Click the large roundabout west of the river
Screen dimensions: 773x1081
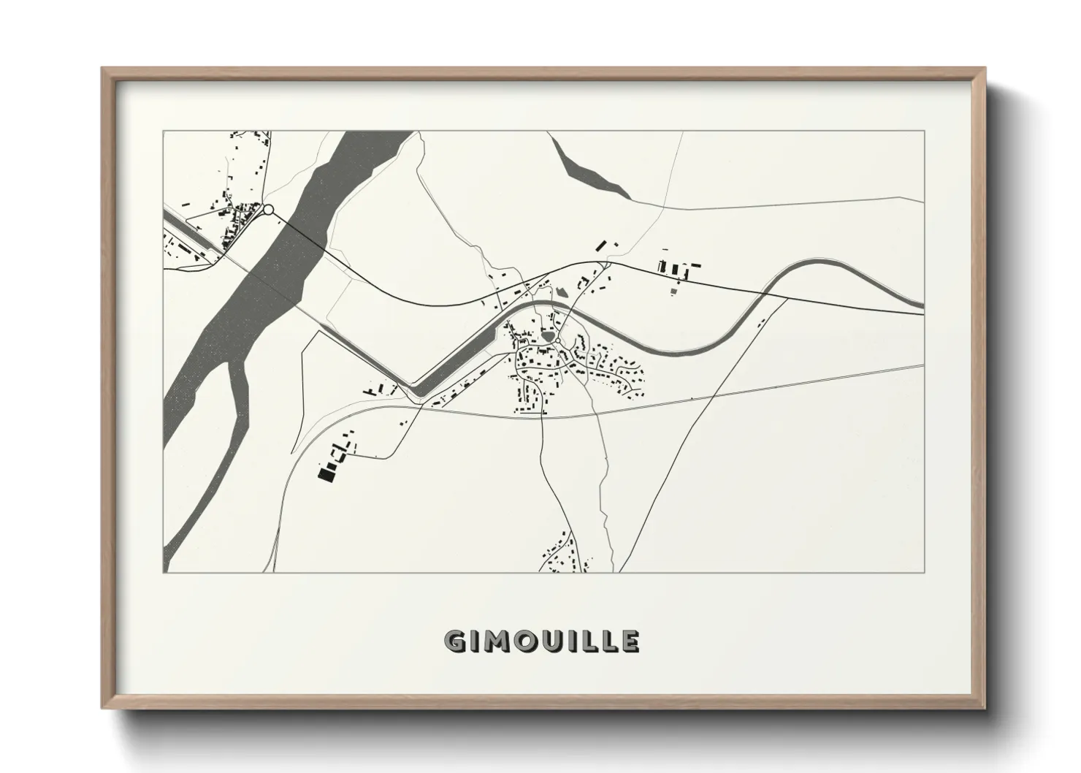(268, 210)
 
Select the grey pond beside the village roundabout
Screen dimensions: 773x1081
(547, 337)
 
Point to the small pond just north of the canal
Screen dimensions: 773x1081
(561, 292)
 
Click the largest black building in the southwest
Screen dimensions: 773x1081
(325, 475)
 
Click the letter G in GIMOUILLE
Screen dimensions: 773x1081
(454, 641)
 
